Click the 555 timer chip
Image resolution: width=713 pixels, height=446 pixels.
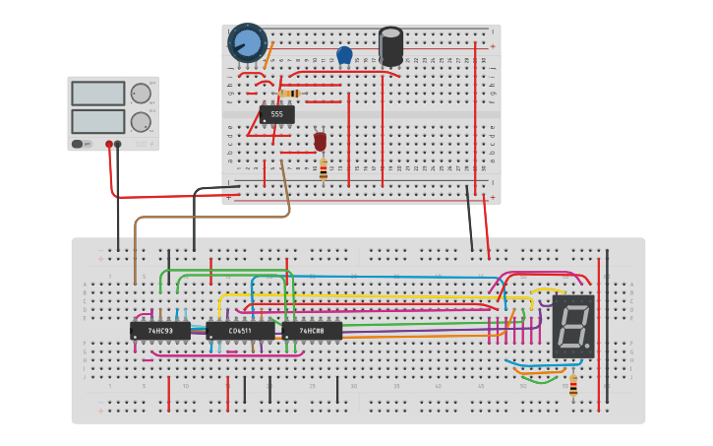[x=276, y=114]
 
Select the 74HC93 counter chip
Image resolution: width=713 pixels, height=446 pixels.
[x=159, y=331]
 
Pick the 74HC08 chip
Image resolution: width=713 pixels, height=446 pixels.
[x=312, y=331]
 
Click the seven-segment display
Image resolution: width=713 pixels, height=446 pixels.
[x=573, y=326]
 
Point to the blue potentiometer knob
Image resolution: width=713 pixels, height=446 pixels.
[x=248, y=43]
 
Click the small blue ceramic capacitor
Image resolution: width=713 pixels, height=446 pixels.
[x=344, y=55]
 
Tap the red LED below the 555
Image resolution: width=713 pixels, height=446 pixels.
[x=320, y=142]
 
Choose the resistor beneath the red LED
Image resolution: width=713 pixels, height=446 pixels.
[x=323, y=169]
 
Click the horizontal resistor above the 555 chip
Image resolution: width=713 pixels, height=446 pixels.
[x=289, y=94]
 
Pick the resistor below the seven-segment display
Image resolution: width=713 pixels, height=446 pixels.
[x=573, y=384]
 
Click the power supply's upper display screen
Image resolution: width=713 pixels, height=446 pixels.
[x=97, y=94]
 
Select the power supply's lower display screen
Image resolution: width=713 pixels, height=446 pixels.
[x=97, y=121]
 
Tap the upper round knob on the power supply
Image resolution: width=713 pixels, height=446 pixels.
[x=141, y=94]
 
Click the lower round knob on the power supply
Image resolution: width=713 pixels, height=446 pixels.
[x=141, y=122]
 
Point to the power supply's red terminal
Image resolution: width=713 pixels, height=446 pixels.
[x=109, y=144]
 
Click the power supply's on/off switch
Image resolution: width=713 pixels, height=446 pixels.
[x=78, y=144]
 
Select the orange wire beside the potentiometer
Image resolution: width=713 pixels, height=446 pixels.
[x=268, y=55]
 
